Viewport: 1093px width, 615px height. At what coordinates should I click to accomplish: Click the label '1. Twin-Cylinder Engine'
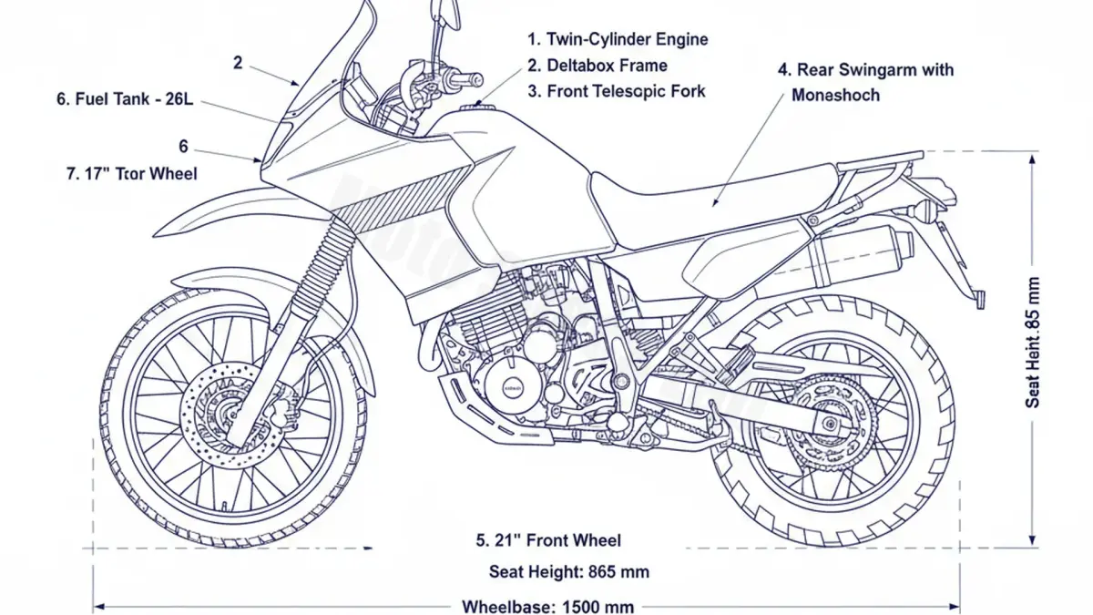[x=618, y=39]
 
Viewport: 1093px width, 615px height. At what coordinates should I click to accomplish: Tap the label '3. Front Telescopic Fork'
[x=617, y=91]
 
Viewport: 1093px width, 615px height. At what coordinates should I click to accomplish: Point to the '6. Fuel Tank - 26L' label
[x=125, y=100]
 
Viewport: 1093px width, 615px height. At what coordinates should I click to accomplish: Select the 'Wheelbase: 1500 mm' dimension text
[x=548, y=606]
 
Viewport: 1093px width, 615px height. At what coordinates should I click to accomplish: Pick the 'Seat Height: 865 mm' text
[x=569, y=572]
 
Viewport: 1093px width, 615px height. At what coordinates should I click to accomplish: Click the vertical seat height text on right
[x=1032, y=342]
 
